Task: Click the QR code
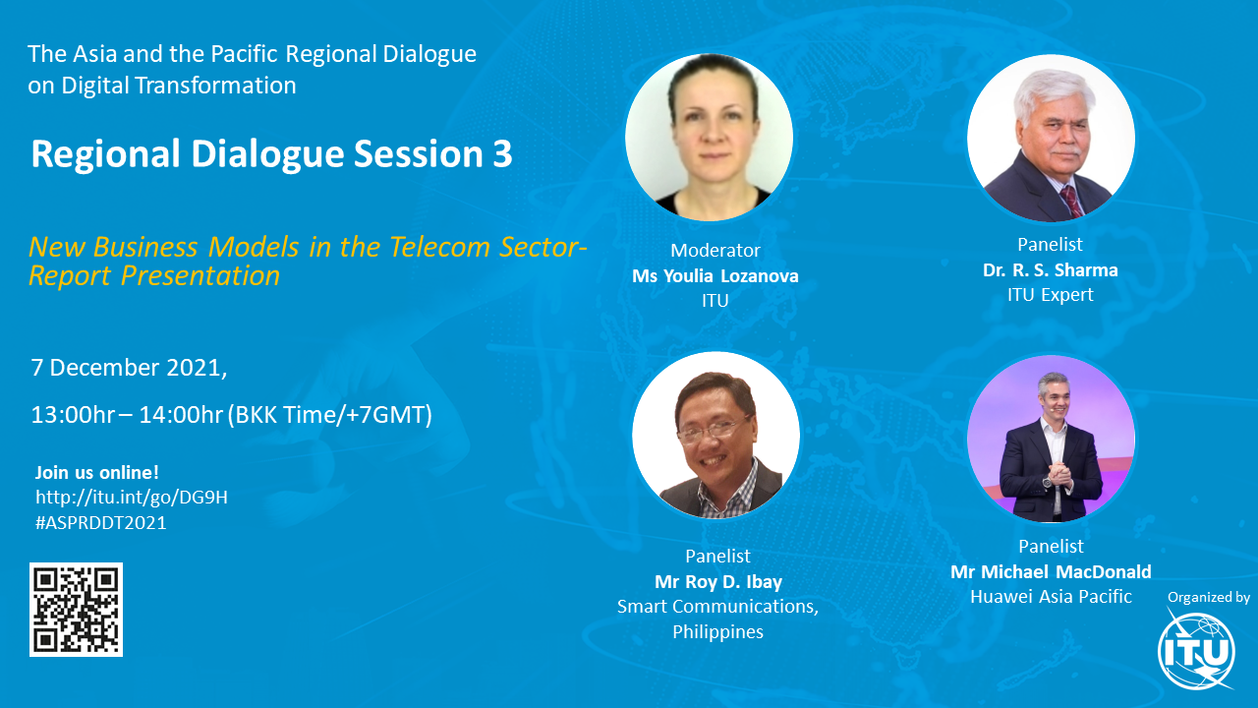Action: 76,609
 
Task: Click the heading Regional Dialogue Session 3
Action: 271,154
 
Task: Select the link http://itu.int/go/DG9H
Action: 132,498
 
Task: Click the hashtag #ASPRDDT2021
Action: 101,523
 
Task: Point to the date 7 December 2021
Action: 129,368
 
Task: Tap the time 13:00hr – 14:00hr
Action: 127,415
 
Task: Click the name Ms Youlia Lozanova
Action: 715,276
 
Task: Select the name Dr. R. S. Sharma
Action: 1050,269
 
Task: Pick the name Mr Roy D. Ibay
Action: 716,580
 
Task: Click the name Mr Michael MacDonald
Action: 1051,572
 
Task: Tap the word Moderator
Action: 715,251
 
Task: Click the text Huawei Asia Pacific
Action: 1051,597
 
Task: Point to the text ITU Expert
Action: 1050,295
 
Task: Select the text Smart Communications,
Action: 717,606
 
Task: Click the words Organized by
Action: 1208,597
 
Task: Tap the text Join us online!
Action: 97,472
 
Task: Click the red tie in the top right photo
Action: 1069,200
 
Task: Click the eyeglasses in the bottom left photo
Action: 711,430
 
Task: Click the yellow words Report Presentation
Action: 154,276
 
